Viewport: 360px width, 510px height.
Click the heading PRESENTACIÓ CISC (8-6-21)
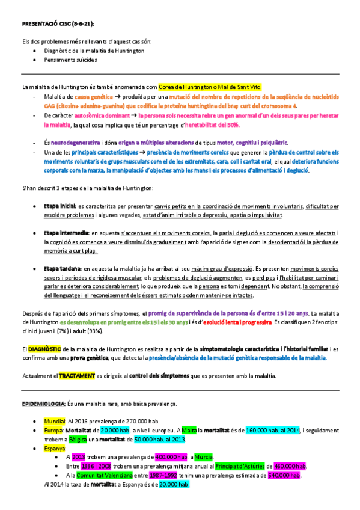coord(57,24)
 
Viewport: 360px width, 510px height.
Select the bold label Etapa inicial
coord(58,206)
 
